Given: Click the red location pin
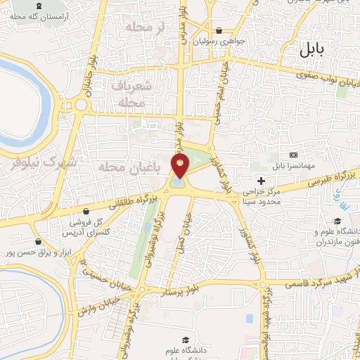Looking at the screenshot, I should pyautogui.click(x=181, y=166).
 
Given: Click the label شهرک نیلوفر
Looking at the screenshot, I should pyautogui.click(x=39, y=162).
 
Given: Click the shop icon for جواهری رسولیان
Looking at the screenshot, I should pyautogui.click(x=219, y=30).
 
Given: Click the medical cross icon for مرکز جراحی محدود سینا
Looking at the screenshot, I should pyautogui.click(x=262, y=181).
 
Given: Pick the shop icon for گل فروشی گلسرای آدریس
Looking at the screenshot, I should pyautogui.click(x=86, y=212).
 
